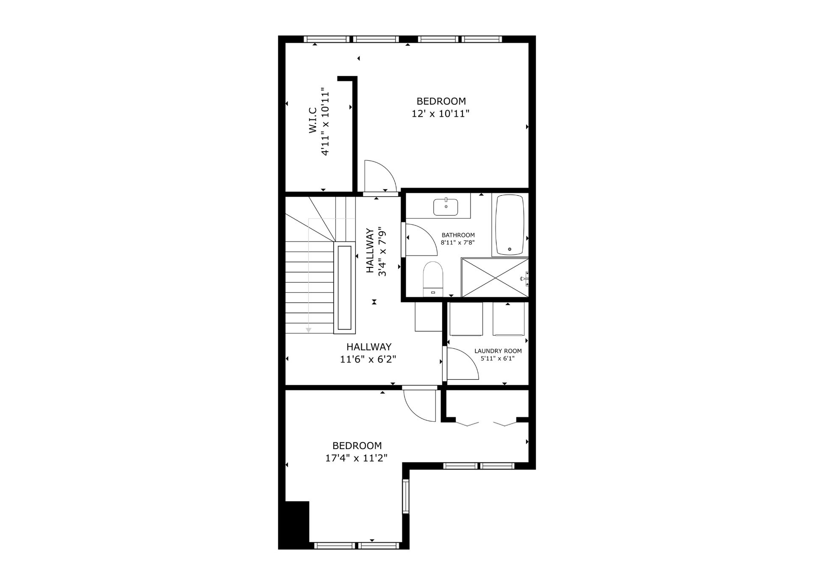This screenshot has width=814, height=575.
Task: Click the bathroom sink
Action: click(x=445, y=207)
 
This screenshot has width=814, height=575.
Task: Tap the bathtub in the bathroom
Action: click(x=510, y=225)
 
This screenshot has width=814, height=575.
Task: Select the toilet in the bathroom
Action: click(x=433, y=279)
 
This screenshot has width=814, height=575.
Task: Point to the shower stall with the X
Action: click(x=495, y=278)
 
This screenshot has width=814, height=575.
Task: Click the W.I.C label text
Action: click(x=313, y=120)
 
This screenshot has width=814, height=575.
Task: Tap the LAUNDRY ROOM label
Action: click(x=498, y=351)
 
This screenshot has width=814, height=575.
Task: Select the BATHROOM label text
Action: click(x=458, y=235)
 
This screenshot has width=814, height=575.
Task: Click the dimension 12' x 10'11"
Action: click(x=440, y=114)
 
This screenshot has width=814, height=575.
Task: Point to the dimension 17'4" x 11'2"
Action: click(x=357, y=458)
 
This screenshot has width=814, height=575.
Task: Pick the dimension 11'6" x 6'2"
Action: click(x=368, y=359)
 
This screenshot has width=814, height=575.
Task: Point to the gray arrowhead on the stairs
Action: click(x=309, y=330)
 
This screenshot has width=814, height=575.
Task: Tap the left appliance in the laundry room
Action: click(x=466, y=319)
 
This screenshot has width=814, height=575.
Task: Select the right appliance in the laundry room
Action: click(x=509, y=319)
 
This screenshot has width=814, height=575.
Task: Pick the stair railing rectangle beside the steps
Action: click(x=344, y=288)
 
